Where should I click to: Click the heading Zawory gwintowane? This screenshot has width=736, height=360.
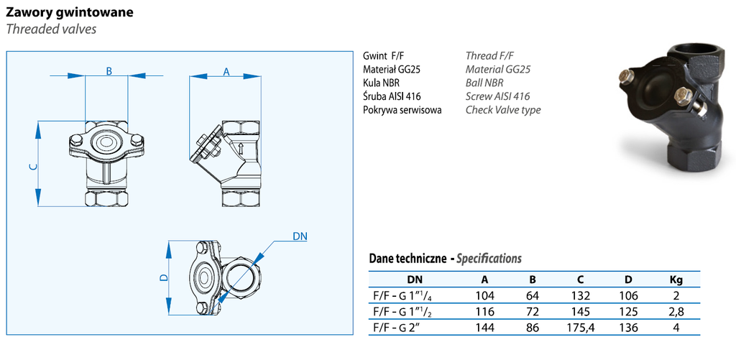point(70,13)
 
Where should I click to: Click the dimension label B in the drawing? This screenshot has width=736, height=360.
point(109,71)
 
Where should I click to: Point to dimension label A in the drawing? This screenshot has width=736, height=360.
point(226,72)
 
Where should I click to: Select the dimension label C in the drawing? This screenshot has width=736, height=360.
point(32,167)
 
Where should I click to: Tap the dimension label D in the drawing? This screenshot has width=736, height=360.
point(163,278)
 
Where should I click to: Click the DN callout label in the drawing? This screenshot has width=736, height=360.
point(300,236)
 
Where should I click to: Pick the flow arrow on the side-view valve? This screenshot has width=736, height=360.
point(241,149)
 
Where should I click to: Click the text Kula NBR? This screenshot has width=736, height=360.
point(381,83)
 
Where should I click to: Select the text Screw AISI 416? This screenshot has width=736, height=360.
point(497,97)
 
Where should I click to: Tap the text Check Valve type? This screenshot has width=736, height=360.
point(503,111)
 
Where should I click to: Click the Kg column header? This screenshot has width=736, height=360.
point(676,280)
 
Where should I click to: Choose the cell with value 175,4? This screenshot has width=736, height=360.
point(580,328)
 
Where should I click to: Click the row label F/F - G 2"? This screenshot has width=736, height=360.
point(395,327)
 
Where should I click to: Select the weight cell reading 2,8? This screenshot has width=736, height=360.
point(676,312)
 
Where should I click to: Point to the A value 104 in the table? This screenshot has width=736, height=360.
point(485,296)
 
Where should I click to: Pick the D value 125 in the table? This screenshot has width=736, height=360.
point(628,312)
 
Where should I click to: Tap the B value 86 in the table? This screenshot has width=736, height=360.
point(533,328)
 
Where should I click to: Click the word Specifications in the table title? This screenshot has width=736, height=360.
point(489,259)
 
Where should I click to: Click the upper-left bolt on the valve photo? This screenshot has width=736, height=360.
point(626,76)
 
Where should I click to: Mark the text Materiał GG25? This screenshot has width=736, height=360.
point(392,70)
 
